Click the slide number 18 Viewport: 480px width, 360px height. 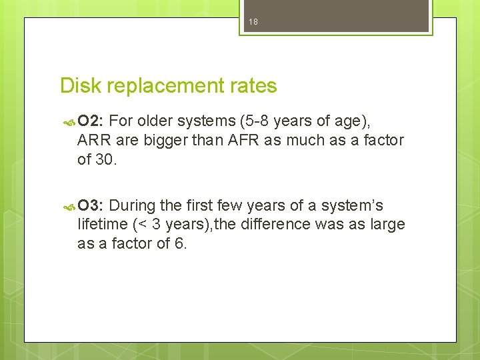click(x=253, y=22)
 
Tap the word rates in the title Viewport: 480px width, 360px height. click(x=253, y=86)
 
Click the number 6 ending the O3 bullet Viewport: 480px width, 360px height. click(x=179, y=243)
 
